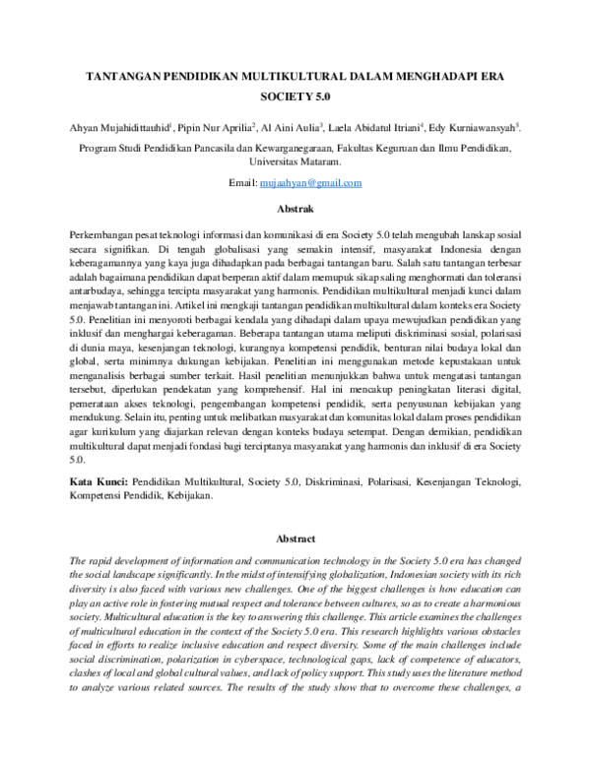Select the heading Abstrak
[x=295, y=209]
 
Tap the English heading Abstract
[x=295, y=539]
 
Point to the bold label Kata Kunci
[x=98, y=483]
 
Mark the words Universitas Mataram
[x=295, y=162]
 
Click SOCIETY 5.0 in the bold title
[x=295, y=98]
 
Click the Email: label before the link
[x=242, y=183]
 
